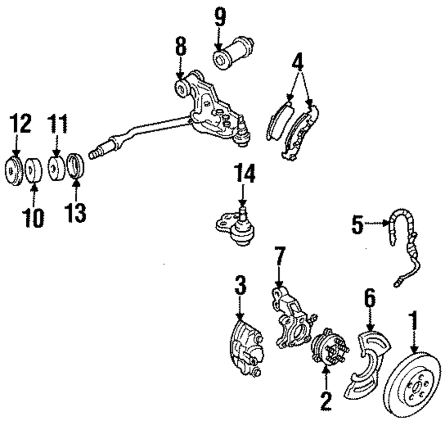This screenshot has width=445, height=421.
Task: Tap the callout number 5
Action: tap(357, 225)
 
